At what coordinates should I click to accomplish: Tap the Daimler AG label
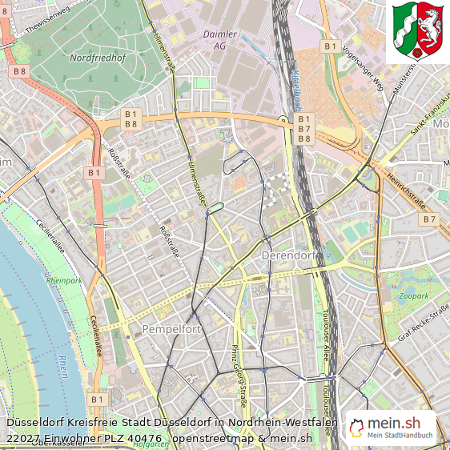click(x=219, y=41)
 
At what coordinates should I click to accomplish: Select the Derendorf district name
click(x=289, y=255)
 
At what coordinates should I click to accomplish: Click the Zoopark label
click(x=414, y=295)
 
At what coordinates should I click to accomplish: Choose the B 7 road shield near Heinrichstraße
click(x=430, y=219)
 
